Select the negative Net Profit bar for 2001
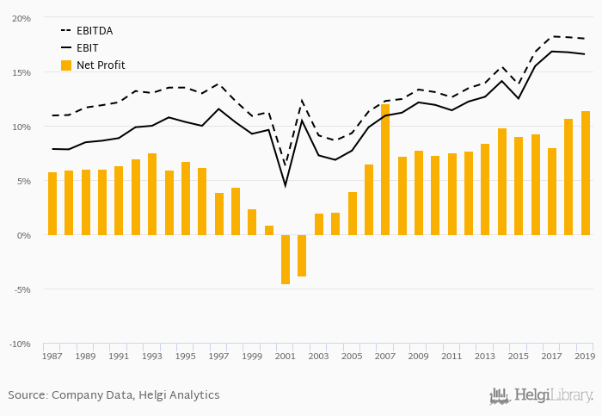coord(286,259)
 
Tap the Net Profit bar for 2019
coord(586,173)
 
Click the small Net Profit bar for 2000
coord(269,231)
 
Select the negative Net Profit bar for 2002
coord(302,256)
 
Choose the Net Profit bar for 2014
coord(502,182)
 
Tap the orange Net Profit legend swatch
coord(66,65)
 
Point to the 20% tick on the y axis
coord(22,18)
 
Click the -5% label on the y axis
coord(22,289)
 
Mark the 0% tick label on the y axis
coord(25,235)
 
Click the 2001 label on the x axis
coord(286,356)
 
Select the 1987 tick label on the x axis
coord(52,356)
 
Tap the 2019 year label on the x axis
coord(585,356)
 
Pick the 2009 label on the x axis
coord(419,356)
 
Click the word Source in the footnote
coord(28,395)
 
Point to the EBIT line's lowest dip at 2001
coord(286,185)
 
